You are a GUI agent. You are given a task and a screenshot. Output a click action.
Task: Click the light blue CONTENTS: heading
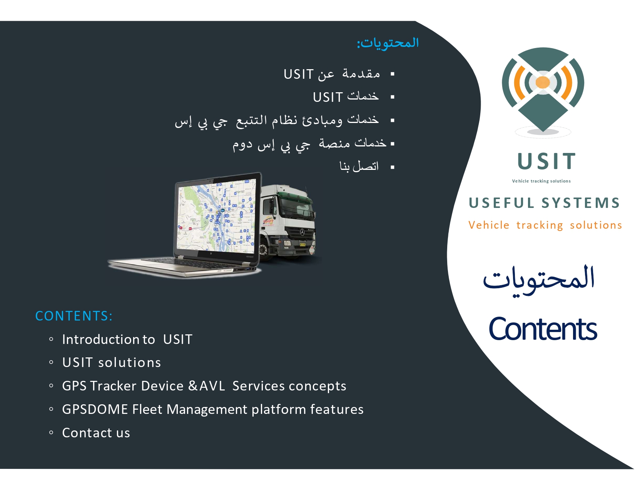(74, 316)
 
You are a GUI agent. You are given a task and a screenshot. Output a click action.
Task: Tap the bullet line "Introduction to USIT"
(127, 339)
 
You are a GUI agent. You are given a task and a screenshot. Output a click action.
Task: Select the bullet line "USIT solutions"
(111, 362)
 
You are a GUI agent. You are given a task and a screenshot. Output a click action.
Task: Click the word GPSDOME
(95, 409)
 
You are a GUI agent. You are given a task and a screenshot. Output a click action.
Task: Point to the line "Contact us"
(96, 432)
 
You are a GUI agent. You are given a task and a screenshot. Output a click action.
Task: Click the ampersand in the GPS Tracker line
(193, 385)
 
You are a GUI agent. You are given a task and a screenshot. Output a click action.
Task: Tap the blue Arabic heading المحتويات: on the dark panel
(388, 43)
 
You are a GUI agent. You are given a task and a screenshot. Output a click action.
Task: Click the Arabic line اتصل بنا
(359, 166)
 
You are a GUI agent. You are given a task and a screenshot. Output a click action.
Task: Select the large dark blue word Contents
(542, 329)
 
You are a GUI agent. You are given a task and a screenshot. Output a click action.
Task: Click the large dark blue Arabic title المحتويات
(538, 281)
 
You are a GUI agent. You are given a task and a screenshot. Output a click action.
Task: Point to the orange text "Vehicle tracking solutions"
(545, 225)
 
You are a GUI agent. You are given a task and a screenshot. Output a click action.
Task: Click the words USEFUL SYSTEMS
(544, 203)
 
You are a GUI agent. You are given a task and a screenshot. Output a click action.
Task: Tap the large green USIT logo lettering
(546, 161)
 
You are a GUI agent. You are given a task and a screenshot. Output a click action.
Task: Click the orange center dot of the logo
(543, 82)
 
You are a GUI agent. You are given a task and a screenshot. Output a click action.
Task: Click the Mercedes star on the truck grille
(302, 232)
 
